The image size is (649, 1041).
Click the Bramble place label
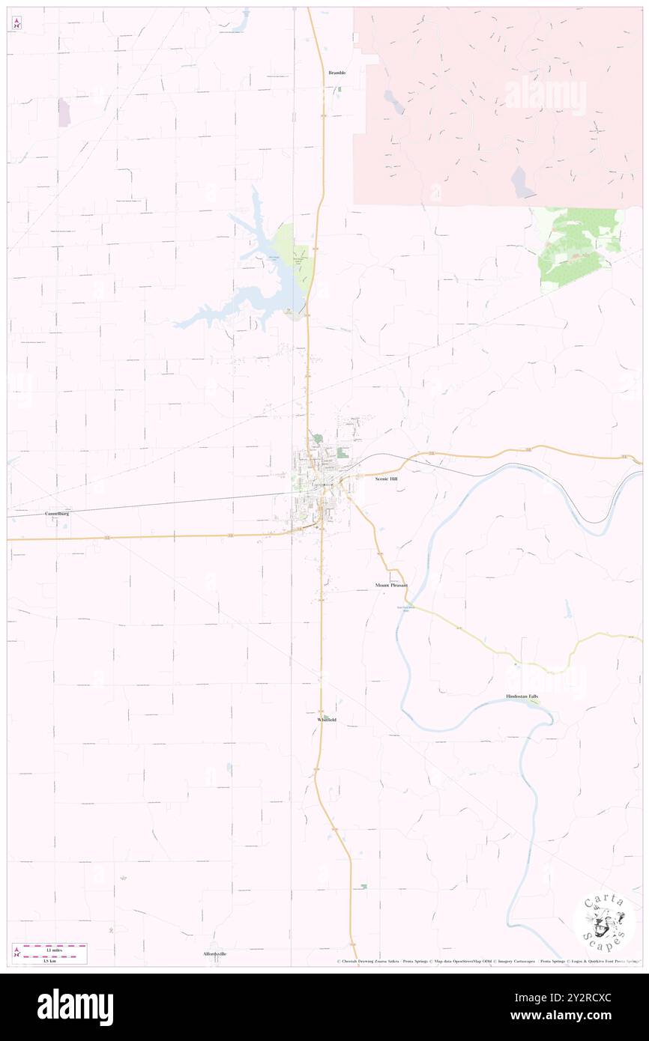click(x=336, y=73)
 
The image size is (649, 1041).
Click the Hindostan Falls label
click(x=522, y=696)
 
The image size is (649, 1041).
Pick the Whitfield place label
click(x=327, y=720)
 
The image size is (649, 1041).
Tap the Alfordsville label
click(x=214, y=953)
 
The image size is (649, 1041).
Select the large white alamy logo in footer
click(x=76, y=1007)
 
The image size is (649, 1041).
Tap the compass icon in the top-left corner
click(x=16, y=24)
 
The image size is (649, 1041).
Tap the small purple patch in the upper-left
click(x=64, y=112)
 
